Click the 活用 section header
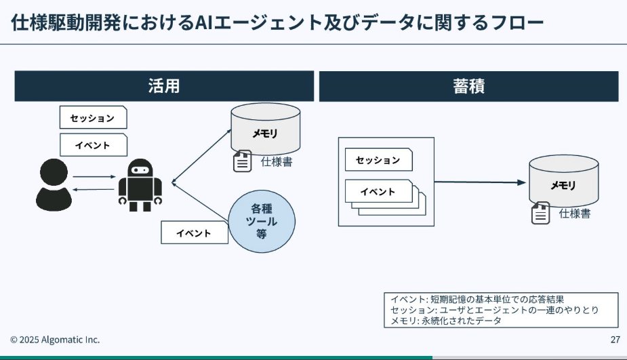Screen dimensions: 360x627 click(x=164, y=86)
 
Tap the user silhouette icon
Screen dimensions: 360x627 click(x=54, y=182)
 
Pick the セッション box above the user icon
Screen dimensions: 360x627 click(x=93, y=117)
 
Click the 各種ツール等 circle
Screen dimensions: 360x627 click(x=261, y=220)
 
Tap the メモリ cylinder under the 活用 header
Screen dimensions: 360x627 click(x=265, y=130)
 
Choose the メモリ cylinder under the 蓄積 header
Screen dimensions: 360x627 click(x=563, y=181)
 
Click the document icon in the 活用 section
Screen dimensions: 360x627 click(x=242, y=162)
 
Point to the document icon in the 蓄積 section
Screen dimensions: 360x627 click(x=540, y=214)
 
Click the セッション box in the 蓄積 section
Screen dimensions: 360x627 click(x=378, y=160)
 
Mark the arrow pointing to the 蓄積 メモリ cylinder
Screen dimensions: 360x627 click(x=480, y=182)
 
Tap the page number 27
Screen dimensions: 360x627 click(x=615, y=340)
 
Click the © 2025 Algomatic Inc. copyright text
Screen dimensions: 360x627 click(x=55, y=340)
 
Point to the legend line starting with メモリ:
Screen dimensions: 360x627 click(x=447, y=321)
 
